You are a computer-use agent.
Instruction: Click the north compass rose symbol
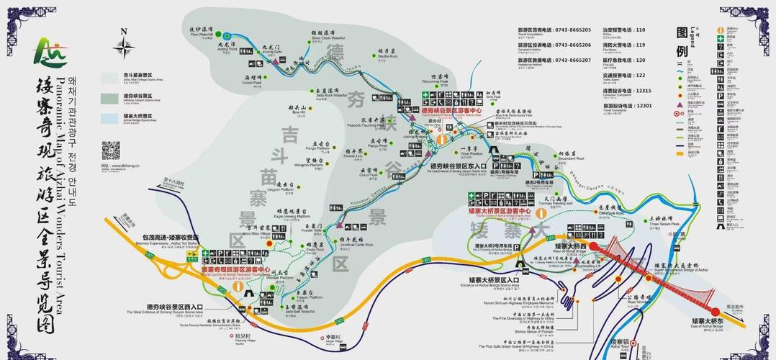coord(126,45)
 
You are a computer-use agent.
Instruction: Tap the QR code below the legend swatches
coord(111,150)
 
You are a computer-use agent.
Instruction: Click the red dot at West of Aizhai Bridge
coord(594,246)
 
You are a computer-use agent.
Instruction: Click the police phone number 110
coord(640,30)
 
